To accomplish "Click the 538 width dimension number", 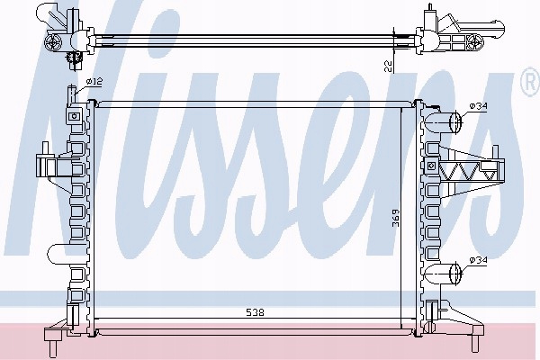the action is [x=255, y=312].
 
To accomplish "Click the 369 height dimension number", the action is [x=396, y=218].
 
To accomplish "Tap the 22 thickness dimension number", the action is [x=388, y=66].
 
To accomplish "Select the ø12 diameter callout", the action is [x=94, y=82].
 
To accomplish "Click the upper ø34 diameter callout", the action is [x=479, y=106].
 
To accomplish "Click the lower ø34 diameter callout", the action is [x=479, y=260].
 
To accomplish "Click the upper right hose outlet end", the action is [x=455, y=121].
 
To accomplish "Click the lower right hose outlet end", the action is [x=455, y=274].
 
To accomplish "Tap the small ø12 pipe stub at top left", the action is [x=71, y=94].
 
